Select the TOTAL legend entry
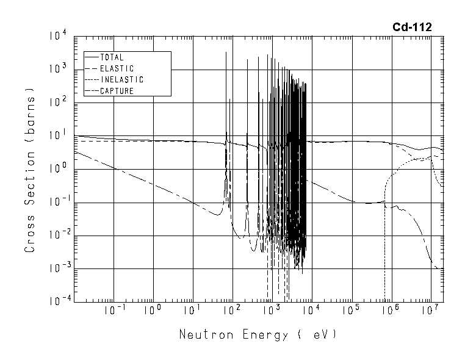click(x=111, y=57)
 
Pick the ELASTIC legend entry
click(x=116, y=68)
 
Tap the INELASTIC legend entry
click(x=121, y=79)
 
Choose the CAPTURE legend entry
click(x=116, y=91)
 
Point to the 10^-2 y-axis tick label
click(x=56, y=236)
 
